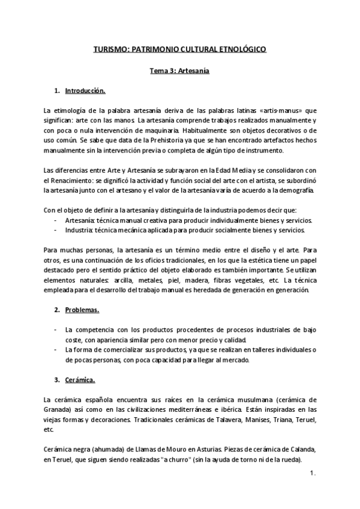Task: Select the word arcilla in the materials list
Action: pyautogui.click(x=128, y=280)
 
